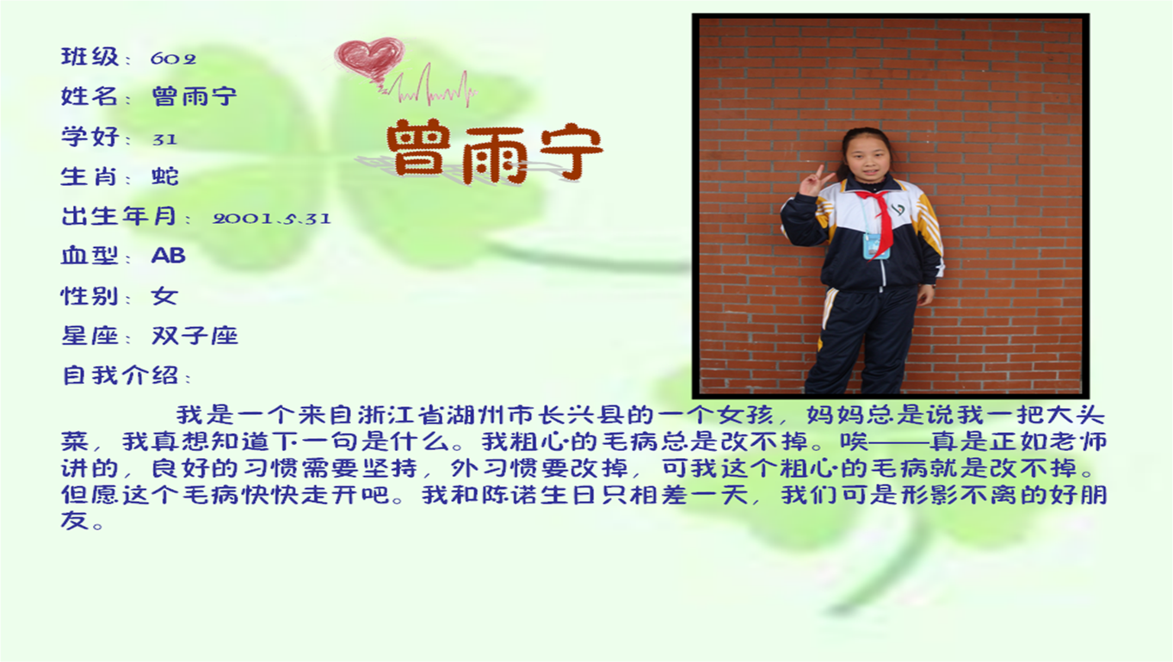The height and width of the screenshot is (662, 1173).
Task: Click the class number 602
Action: coord(173,59)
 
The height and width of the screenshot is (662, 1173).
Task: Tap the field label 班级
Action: coord(90,57)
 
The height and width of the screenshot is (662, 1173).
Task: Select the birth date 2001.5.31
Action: coord(272,218)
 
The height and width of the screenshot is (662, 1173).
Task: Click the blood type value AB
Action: coord(169,256)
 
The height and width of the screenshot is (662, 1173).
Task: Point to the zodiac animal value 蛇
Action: coord(165,176)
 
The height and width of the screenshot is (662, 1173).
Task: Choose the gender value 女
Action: coord(165,296)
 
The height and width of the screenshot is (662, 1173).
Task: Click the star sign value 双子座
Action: coord(194,336)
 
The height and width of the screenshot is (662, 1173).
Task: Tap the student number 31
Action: coord(165,139)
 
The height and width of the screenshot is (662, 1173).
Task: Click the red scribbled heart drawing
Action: coord(370,59)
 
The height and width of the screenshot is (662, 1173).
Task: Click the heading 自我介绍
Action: coord(120,375)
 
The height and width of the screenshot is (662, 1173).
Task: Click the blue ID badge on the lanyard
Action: coord(876,245)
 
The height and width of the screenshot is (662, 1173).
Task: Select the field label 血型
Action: coord(90,256)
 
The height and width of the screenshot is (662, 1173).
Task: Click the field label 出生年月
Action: coord(120,216)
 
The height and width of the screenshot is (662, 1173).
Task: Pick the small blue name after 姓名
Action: coord(194,96)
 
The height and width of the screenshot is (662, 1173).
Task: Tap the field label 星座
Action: coord(90,336)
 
